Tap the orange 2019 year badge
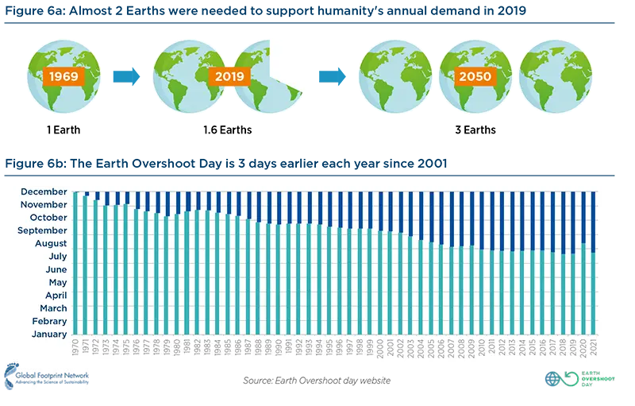tap(230, 77)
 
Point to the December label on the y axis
tap(44, 191)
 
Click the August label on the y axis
tap(50, 243)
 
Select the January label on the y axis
tap(48, 334)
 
